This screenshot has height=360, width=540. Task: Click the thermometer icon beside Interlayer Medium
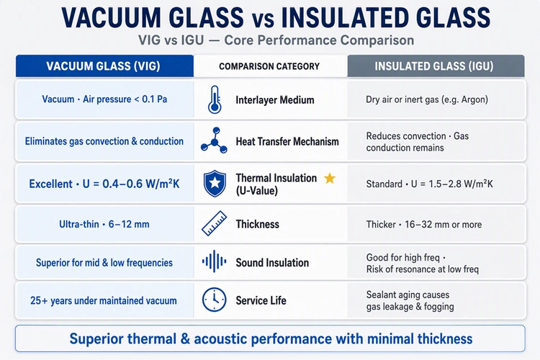pyautogui.click(x=215, y=99)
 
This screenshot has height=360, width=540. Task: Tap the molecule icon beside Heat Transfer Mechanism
pyautogui.click(x=215, y=140)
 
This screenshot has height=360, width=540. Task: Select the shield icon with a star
pyautogui.click(x=215, y=184)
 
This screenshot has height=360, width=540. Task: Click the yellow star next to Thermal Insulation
pyautogui.click(x=330, y=178)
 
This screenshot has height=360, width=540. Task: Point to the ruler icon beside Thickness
pyautogui.click(x=215, y=224)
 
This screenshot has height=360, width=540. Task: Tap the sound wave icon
pyautogui.click(x=215, y=261)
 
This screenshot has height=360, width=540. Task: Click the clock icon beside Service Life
pyautogui.click(x=215, y=300)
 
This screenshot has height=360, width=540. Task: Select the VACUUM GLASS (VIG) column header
pyautogui.click(x=104, y=66)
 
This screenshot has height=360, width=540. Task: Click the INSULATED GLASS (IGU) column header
pyautogui.click(x=436, y=66)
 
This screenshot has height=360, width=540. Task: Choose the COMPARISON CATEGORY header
pyautogui.click(x=270, y=66)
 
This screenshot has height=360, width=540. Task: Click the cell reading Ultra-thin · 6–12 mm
pyautogui.click(x=104, y=224)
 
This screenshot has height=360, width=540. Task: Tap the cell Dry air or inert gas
pyautogui.click(x=427, y=99)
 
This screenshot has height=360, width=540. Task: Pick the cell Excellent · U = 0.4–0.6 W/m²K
pyautogui.click(x=104, y=184)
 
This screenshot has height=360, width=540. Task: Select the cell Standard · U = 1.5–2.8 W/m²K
pyautogui.click(x=429, y=184)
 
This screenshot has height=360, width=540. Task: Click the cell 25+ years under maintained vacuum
pyautogui.click(x=103, y=300)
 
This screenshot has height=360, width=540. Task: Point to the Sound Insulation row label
pyautogui.click(x=272, y=263)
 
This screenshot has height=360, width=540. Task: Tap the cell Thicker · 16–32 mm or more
pyautogui.click(x=424, y=224)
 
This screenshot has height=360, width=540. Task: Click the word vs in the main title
pyautogui.click(x=263, y=20)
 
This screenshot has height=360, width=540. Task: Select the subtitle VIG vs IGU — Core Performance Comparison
pyautogui.click(x=276, y=40)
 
